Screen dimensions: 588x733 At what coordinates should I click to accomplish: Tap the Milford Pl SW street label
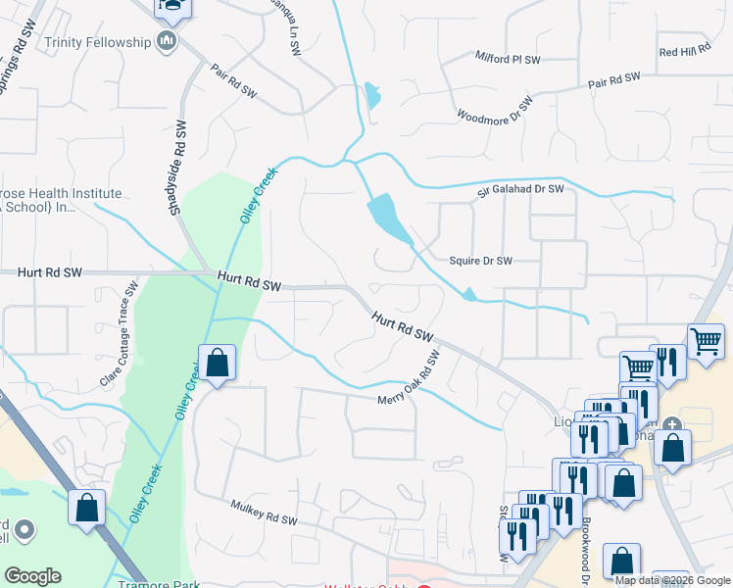click(508, 60)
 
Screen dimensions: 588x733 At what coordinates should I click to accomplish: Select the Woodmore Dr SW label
click(496, 109)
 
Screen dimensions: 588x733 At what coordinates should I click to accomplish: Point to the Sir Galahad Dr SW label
click(521, 189)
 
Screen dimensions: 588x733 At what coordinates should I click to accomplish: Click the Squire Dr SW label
click(480, 261)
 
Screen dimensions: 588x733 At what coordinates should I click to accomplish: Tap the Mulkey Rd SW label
click(263, 514)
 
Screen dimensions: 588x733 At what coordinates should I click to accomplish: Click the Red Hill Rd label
click(683, 51)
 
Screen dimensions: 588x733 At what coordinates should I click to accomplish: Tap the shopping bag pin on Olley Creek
click(218, 364)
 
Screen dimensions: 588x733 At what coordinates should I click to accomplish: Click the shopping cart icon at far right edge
click(706, 342)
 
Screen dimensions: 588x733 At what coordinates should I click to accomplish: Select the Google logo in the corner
click(32, 576)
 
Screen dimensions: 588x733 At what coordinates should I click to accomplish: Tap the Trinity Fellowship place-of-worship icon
click(167, 41)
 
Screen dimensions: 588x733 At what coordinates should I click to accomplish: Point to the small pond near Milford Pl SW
click(372, 96)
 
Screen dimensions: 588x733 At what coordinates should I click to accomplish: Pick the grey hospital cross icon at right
click(671, 424)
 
